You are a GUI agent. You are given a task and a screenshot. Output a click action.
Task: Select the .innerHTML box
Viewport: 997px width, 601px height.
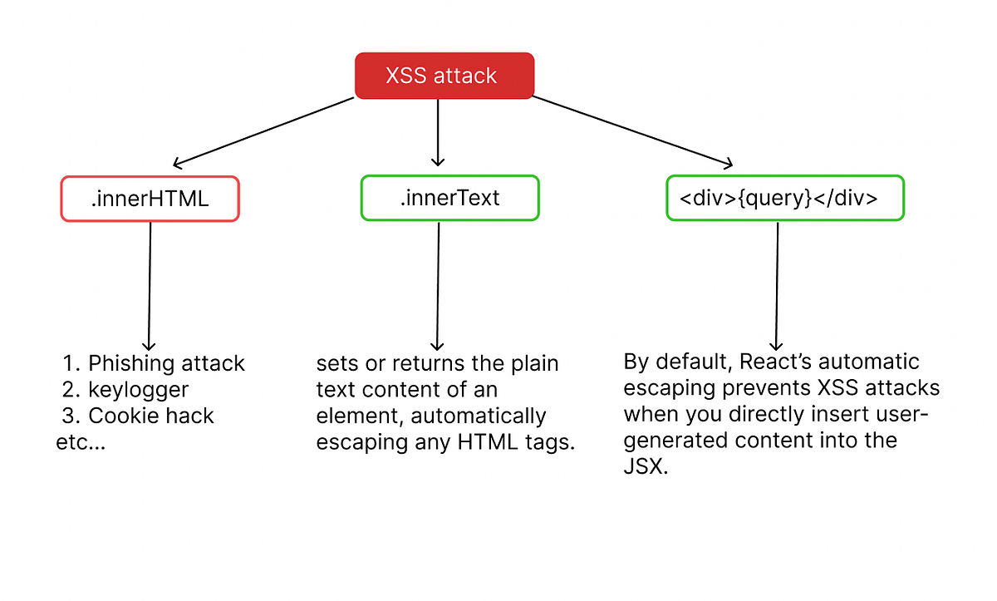pos(150,198)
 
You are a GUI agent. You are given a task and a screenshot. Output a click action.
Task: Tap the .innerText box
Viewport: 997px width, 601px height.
pos(449,198)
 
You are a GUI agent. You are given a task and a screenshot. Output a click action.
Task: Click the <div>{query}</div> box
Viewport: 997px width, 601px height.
pos(784,198)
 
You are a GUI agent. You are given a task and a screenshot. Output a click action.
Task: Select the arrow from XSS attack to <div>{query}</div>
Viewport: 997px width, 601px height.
pos(631,131)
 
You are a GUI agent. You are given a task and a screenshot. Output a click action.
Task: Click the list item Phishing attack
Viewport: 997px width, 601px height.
pos(166,364)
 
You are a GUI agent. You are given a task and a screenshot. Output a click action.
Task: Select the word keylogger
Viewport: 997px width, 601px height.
pos(139,390)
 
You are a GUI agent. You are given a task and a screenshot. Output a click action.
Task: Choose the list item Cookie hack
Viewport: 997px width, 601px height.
pos(151,416)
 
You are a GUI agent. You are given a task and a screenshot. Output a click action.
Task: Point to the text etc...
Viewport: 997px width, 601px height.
pos(81,442)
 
